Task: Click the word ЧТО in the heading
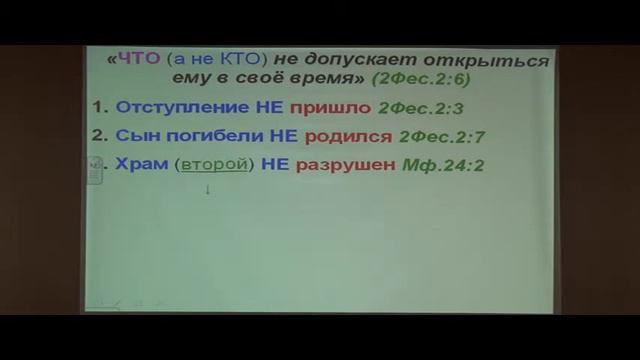(x=132, y=61)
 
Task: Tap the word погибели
(x=203, y=136)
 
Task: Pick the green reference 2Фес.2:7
(x=441, y=136)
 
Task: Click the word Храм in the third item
(x=139, y=165)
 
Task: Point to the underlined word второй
(x=212, y=165)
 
